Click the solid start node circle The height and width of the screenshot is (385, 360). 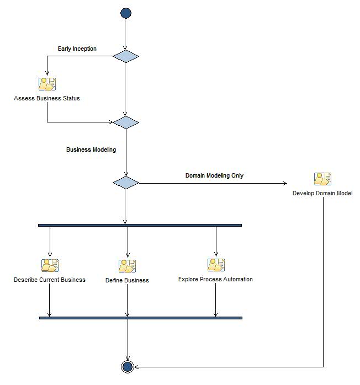[126, 14]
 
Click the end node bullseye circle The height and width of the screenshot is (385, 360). [128, 366]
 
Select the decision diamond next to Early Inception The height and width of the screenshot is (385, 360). [126, 56]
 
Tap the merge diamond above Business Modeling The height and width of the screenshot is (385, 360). [126, 122]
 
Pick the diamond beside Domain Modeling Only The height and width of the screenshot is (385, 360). [126, 183]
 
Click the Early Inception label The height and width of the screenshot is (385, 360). [77, 49]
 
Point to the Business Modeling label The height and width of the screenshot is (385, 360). [91, 149]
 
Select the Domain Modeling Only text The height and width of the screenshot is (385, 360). [214, 176]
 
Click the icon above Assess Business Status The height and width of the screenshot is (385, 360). [47, 84]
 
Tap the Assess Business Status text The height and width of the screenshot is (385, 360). [47, 99]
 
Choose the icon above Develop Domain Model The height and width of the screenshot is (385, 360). [322, 179]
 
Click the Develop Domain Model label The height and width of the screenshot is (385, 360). [322, 194]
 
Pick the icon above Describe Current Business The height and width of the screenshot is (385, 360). [50, 265]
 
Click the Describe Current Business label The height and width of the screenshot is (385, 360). [50, 280]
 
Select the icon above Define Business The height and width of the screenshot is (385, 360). [127, 266]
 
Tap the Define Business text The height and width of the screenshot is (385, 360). [127, 280]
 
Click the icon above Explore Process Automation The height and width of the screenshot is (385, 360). [216, 265]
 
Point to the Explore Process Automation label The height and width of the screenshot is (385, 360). [215, 279]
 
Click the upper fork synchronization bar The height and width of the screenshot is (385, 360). [140, 225]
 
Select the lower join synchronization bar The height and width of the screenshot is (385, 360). [141, 318]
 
